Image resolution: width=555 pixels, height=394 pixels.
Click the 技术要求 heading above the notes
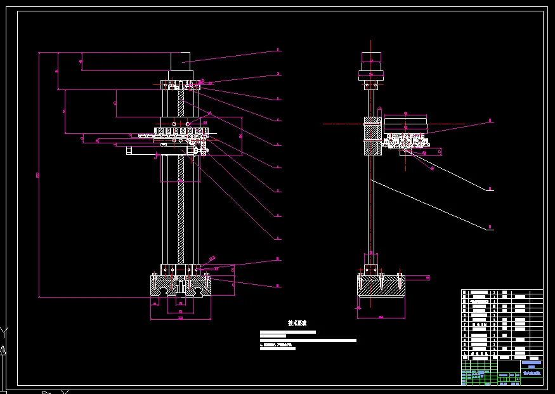[297, 323]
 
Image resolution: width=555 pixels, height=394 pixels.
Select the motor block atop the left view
[181, 62]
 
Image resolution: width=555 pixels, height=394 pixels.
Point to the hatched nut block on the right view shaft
[372, 136]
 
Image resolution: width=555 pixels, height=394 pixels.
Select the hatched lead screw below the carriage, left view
[181, 209]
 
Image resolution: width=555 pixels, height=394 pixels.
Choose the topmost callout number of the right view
[490, 120]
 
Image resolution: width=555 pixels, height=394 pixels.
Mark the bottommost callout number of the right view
[490, 228]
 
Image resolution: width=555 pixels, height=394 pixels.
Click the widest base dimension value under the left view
[180, 318]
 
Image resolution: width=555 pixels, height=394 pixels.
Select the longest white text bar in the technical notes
[308, 341]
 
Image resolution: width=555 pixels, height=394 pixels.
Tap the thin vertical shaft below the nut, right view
[372, 203]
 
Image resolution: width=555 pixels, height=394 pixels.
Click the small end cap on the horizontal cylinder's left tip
[128, 150]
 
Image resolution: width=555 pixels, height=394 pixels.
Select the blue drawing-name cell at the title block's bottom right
[532, 374]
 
